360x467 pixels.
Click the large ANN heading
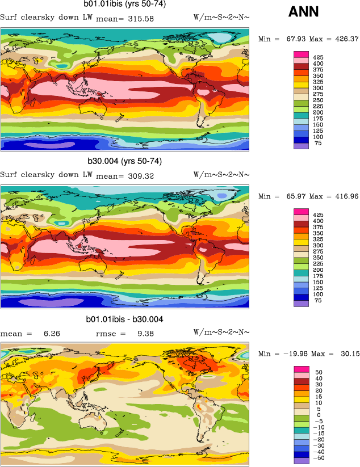304,11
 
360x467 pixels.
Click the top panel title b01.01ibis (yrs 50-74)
125,5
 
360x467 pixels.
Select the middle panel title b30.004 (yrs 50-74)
125,161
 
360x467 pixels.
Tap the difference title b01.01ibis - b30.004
125,319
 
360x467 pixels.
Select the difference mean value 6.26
52,334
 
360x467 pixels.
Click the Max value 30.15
348,354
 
